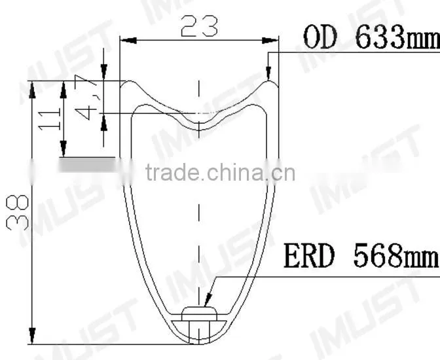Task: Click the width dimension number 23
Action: pos(199,27)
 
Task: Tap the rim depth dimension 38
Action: pos(18,213)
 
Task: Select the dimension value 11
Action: pos(50,120)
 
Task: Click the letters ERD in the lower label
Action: pos(309,256)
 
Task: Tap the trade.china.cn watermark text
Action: pos(221,172)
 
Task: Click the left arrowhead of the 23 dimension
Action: pos(128,41)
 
